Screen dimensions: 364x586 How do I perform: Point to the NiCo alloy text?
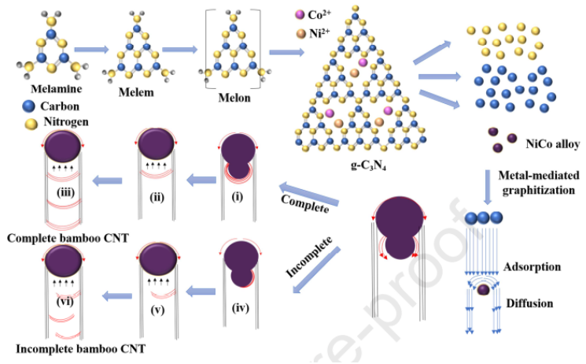(542, 143)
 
